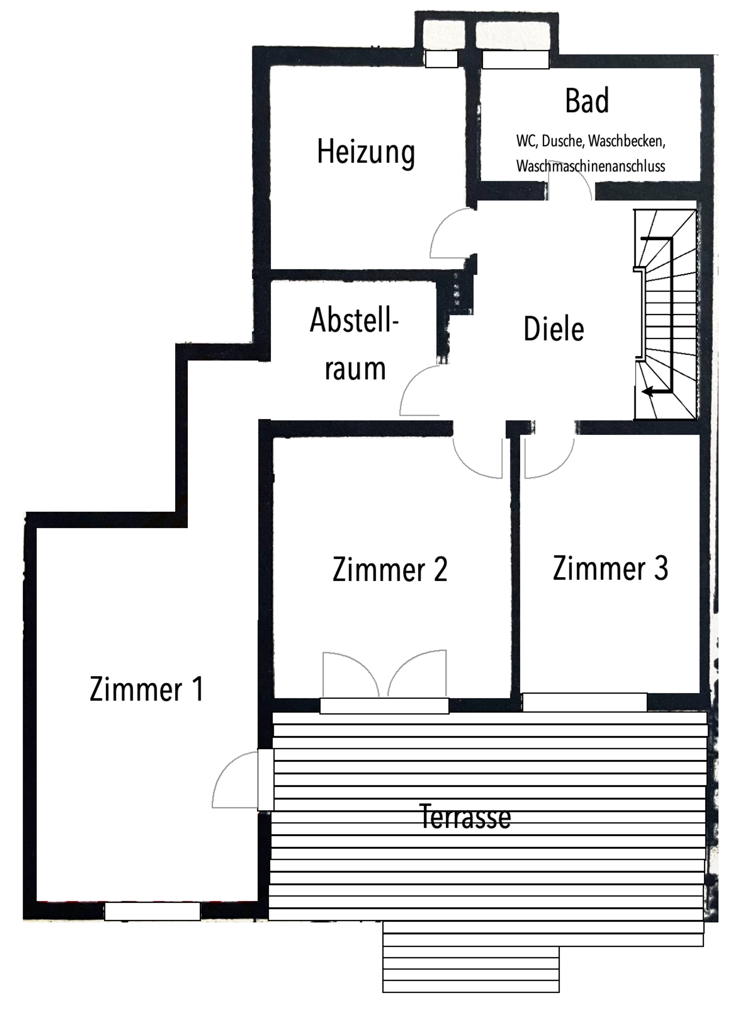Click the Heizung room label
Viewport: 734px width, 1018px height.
[x=365, y=153]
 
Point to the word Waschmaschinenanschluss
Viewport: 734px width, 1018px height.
[x=590, y=166]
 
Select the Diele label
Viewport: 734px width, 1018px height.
[x=554, y=329]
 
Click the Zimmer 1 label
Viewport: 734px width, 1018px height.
[x=146, y=689]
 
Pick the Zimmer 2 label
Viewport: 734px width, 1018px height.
[x=390, y=570]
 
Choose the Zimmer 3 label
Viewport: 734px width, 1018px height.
[x=610, y=568]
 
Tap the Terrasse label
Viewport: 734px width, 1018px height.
[x=465, y=816]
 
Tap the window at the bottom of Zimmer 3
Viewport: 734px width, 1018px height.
[x=585, y=702]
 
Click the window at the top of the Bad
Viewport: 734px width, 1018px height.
[x=515, y=60]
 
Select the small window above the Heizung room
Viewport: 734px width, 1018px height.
[x=442, y=59]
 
